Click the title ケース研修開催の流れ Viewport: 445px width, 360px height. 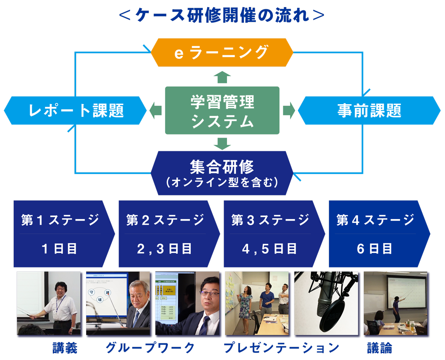click(222, 15)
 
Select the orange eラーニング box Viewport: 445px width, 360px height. click(222, 52)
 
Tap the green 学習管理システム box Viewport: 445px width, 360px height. click(222, 110)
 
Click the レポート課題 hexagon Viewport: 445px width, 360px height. click(76, 110)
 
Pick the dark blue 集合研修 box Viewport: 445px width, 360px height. click(222, 173)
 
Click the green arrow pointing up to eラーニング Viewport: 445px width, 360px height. click(222, 77)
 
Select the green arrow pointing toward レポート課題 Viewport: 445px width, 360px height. click(155, 110)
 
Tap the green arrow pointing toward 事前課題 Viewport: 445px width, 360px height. click(289, 110)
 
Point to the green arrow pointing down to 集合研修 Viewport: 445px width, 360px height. click(222, 143)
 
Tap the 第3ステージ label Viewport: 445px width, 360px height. click(270, 220)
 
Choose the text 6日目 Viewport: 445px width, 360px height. click(375, 249)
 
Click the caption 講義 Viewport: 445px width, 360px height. click(65, 348)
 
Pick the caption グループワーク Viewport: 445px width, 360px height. click(150, 348)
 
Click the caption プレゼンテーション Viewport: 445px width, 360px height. click(281, 348)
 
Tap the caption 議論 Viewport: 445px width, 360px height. click(379, 348)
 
